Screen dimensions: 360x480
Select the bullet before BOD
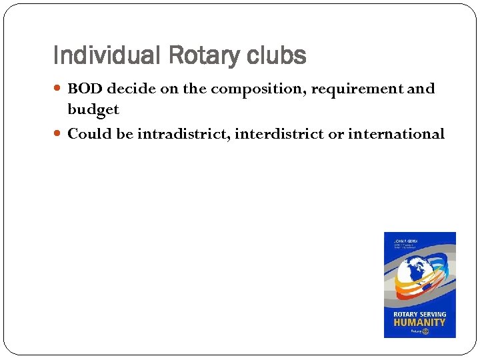(59, 89)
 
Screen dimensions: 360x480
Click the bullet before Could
(59, 134)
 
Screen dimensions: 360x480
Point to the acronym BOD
(85, 89)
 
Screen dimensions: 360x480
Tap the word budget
(93, 109)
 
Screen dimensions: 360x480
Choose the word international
(396, 134)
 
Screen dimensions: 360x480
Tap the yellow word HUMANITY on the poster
(419, 322)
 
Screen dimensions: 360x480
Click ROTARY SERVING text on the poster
(419, 313)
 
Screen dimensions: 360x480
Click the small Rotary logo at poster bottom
(419, 331)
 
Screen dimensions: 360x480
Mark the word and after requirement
(421, 89)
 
